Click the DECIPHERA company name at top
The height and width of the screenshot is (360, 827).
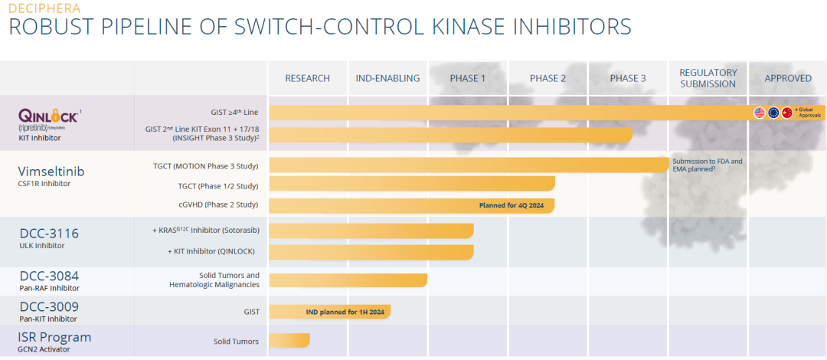click(44, 8)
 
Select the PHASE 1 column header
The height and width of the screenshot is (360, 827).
click(467, 78)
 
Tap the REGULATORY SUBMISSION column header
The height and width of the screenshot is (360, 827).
click(708, 78)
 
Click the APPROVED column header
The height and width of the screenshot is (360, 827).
click(788, 78)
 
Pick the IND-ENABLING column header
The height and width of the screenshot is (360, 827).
click(387, 78)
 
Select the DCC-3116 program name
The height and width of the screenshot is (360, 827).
click(49, 233)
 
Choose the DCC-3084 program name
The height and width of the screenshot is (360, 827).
click(49, 276)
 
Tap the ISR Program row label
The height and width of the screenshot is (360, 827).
click(54, 337)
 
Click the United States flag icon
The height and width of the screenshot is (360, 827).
click(760, 113)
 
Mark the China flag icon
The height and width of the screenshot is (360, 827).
click(786, 113)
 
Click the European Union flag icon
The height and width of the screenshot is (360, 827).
click(773, 113)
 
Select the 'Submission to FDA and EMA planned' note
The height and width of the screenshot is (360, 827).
click(708, 165)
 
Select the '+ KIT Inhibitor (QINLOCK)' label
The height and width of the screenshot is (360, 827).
click(211, 251)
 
